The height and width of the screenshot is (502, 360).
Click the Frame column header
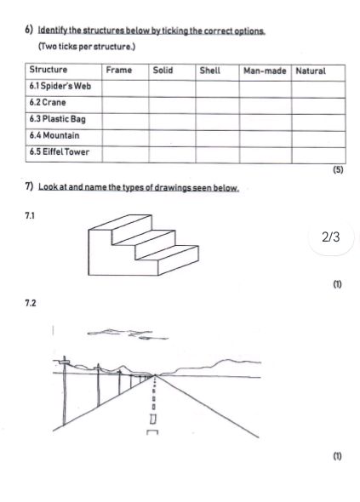click(x=118, y=71)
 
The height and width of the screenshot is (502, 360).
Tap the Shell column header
click(x=209, y=71)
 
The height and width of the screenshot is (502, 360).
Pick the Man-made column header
click(x=264, y=71)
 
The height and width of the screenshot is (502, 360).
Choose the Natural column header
click(x=311, y=71)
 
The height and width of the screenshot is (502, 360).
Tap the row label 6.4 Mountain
click(x=52, y=136)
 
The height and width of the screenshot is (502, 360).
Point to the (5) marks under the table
click(x=338, y=170)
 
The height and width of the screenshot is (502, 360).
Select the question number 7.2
click(x=31, y=303)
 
